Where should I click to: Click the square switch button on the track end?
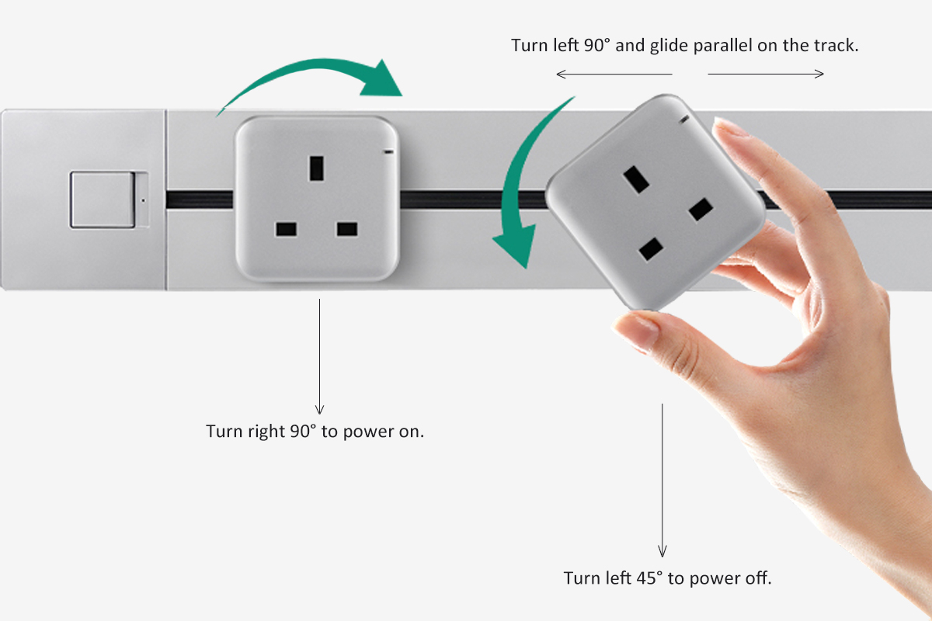coord(102,200)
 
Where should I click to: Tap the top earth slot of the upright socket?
coord(316,168)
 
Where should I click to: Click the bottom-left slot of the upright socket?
coord(286,230)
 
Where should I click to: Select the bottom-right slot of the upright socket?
coord(347,230)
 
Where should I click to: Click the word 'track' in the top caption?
coord(836,45)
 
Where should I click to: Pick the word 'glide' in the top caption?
coord(670,46)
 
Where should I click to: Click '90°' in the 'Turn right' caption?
coord(303,432)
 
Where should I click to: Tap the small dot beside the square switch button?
coord(143,200)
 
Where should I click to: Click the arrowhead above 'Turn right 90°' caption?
coord(319,408)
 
